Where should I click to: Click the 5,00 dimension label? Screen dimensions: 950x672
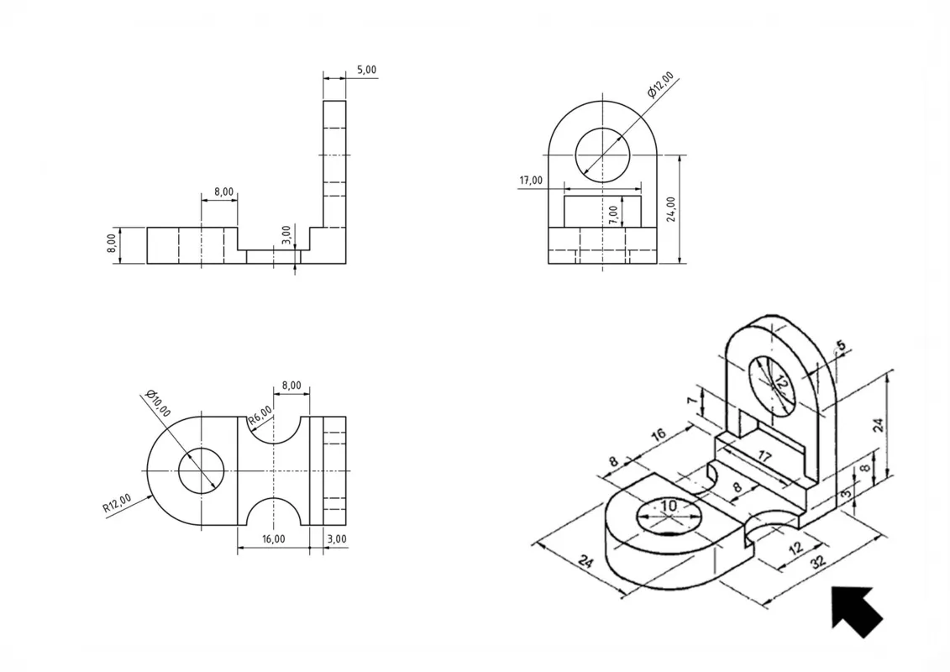366,70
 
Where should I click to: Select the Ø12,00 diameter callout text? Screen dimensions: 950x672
660,85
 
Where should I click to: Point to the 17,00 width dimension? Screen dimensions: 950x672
531,180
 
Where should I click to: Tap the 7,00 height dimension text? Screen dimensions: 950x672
613,215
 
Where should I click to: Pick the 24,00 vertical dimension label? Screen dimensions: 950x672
671,209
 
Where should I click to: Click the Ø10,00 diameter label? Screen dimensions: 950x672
158,403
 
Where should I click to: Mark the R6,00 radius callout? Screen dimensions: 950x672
260,416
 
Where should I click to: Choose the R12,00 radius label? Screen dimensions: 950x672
116,503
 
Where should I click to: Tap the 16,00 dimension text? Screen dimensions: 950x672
273,538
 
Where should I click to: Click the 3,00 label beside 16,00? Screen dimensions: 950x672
337,538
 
